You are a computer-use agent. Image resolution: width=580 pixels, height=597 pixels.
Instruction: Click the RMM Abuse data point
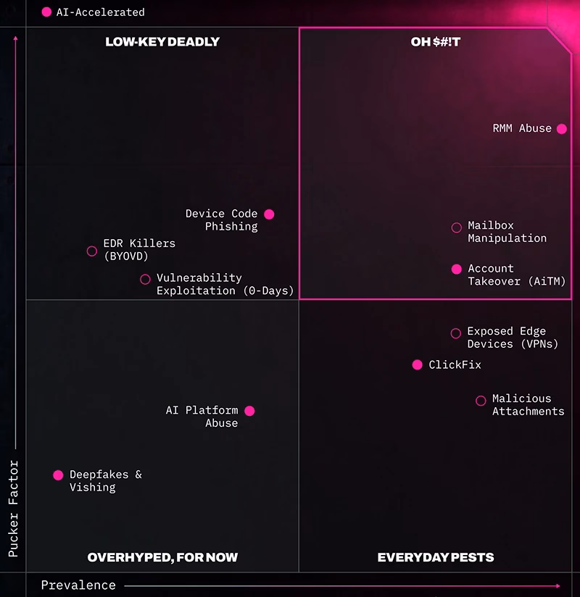tap(561, 129)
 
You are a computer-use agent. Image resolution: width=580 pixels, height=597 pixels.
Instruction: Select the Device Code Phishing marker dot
tap(269, 214)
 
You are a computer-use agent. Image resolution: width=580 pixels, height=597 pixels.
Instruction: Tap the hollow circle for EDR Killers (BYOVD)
tap(92, 251)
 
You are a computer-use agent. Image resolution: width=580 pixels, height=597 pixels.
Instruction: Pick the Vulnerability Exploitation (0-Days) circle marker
tap(145, 280)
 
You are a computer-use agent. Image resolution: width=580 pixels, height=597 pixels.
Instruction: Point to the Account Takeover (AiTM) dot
tap(457, 270)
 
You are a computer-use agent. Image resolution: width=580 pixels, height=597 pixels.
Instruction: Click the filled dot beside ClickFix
tap(418, 364)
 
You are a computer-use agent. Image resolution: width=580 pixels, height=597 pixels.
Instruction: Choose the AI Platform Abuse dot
tap(249, 411)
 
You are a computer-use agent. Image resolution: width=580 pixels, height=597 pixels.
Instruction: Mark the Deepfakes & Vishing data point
tap(58, 475)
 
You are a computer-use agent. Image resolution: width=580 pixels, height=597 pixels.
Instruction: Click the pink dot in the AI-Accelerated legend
tap(46, 12)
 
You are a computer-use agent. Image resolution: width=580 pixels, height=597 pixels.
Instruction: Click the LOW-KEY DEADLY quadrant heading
tap(162, 41)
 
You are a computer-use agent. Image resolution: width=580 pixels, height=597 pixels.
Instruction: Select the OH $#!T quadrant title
tap(436, 41)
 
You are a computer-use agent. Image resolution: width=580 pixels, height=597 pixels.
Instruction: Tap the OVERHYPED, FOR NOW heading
tap(162, 557)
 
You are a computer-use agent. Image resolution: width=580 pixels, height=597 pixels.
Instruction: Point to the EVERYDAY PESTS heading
tap(436, 557)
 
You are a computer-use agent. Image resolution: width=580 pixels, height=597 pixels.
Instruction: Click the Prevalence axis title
tap(78, 585)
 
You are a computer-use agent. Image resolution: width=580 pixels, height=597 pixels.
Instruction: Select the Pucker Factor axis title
tap(13, 509)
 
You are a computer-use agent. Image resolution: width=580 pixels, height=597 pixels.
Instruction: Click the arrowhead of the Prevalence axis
tap(558, 586)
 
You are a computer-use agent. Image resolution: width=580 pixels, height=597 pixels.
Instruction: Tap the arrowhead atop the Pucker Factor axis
tap(16, 38)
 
